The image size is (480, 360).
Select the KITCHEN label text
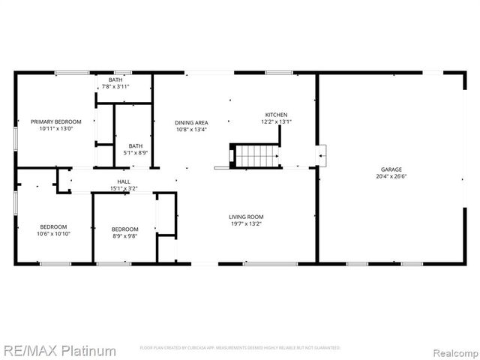click(275, 115)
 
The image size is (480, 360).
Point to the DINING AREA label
click(191, 122)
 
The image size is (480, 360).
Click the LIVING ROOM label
click(246, 217)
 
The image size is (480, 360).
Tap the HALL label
click(124, 182)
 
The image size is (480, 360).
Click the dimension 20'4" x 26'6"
click(389, 177)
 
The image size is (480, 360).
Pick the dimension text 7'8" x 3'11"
click(115, 87)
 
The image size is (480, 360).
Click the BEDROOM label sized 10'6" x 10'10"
click(53, 226)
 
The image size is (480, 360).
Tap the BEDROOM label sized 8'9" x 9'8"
click(124, 229)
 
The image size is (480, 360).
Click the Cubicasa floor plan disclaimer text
click(240, 348)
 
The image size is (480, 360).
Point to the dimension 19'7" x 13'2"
click(246, 223)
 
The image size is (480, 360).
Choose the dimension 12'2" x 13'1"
click(275, 121)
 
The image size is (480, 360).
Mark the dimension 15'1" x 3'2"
click(124, 189)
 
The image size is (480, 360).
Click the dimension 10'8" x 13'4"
click(191, 129)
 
